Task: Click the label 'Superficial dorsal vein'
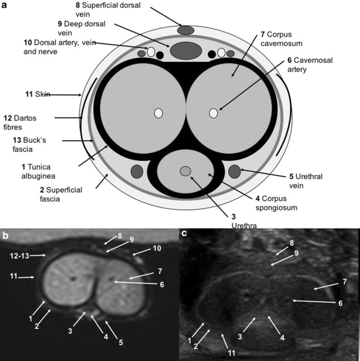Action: [108, 9]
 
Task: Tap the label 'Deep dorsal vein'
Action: [82, 28]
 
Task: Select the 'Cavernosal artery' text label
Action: [310, 65]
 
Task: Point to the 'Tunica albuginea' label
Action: [38, 171]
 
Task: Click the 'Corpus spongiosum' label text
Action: [276, 203]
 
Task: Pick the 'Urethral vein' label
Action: [306, 181]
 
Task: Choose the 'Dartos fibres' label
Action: [20, 122]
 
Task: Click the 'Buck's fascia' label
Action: [29, 144]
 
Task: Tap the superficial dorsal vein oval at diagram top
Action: [186, 31]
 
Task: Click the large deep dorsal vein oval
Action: [186, 51]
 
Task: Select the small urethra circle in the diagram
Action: [186, 171]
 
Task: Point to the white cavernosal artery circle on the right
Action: [213, 113]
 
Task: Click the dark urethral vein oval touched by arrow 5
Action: [235, 171]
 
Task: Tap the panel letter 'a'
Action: [4, 5]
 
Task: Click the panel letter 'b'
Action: [5, 235]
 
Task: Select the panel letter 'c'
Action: [184, 233]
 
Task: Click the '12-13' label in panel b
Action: [20, 256]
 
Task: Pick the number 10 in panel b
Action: [157, 248]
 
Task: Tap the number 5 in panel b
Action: [121, 343]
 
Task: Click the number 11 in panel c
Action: [231, 353]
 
